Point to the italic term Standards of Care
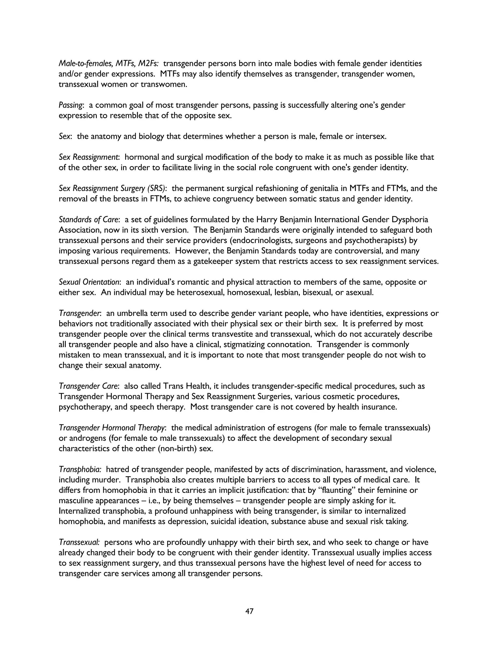[89, 220]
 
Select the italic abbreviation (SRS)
[156, 188]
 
